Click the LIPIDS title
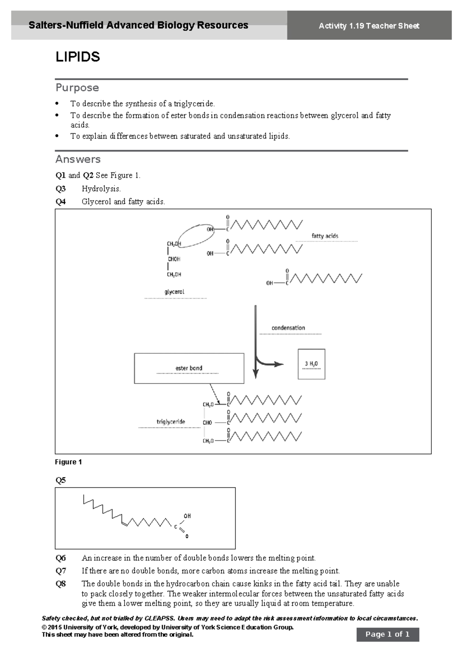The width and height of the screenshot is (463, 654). [78, 57]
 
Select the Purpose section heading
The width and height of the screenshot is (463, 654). [77, 88]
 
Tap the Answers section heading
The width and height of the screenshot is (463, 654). [78, 159]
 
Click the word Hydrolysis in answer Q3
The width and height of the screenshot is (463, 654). [101, 189]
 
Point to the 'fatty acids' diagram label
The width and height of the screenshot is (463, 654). [325, 236]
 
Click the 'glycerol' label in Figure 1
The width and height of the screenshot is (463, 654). [174, 292]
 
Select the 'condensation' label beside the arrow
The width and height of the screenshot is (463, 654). [288, 328]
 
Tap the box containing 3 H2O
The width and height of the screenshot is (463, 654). [311, 364]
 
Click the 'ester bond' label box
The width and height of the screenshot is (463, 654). [189, 368]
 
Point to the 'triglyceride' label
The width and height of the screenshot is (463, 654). [171, 422]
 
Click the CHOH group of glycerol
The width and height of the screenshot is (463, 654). [174, 259]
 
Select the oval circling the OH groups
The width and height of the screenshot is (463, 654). [196, 235]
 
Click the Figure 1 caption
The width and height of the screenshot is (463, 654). [68, 462]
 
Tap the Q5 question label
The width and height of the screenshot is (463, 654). [61, 480]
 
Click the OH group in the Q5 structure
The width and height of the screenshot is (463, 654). [187, 516]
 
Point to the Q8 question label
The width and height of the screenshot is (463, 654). [61, 584]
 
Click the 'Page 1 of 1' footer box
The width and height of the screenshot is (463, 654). [387, 634]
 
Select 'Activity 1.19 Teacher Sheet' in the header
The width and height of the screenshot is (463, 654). [369, 26]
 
